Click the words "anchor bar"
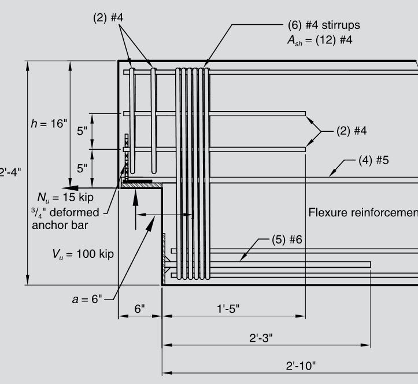tap(60, 225)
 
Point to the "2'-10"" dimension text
tap(301, 366)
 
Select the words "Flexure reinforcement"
tap(363, 212)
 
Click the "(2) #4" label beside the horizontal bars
tap(352, 131)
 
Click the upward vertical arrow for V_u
tap(135, 200)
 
